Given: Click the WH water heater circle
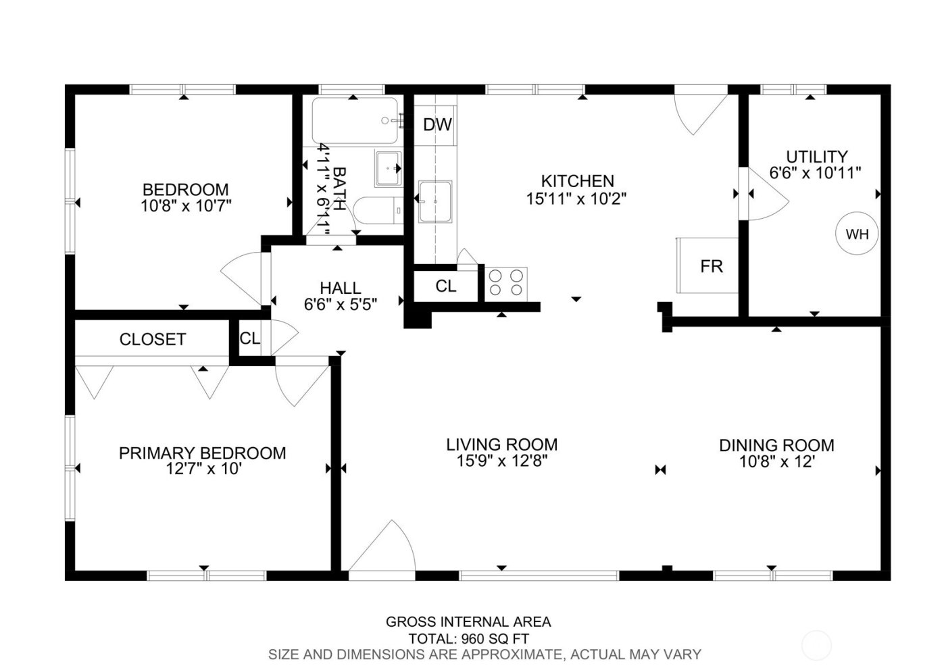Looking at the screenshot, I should tap(857, 234).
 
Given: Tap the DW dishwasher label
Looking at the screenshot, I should tap(437, 124).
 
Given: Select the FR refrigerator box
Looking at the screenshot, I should tap(709, 266).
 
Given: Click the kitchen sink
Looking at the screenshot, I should tap(435, 201).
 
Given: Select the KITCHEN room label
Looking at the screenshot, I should tap(577, 181).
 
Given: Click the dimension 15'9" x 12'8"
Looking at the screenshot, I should tap(501, 461).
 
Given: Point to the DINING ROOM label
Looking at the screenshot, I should tap(776, 445).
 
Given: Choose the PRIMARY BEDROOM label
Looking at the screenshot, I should tap(202, 453).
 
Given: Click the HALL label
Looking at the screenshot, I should tap(340, 288).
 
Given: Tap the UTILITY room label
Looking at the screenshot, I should tap(816, 157).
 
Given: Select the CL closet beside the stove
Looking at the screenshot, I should tap(445, 286).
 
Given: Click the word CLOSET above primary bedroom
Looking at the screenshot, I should tap(152, 339).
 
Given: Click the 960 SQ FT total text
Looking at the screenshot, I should tap(495, 638).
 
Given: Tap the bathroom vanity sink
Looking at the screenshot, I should tap(389, 168).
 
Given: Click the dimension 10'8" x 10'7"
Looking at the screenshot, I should tap(186, 206).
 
